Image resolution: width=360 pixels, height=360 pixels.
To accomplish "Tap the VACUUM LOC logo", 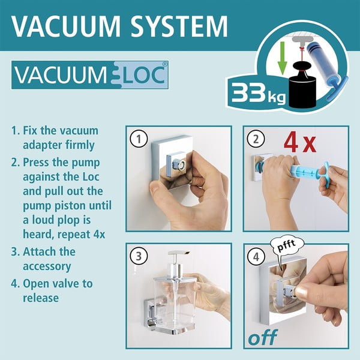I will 90,76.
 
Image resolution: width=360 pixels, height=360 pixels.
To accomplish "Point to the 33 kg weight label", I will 253,93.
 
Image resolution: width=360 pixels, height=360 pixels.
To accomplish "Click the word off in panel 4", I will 264,337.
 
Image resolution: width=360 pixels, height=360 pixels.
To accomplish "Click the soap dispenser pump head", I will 178,259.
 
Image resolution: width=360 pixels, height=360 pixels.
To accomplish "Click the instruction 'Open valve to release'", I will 53,290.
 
